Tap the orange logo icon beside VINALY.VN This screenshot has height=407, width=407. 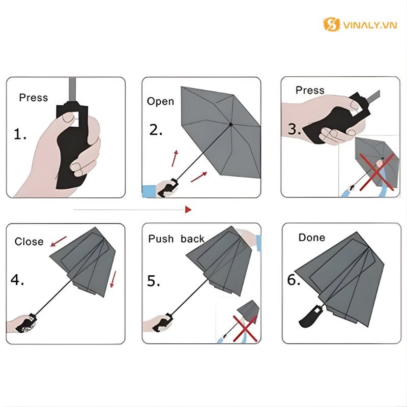pyautogui.click(x=332, y=24)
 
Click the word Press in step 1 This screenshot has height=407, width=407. pyautogui.click(x=34, y=98)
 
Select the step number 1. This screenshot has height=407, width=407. pyautogui.click(x=20, y=135)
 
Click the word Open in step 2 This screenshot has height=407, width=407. pyautogui.click(x=160, y=102)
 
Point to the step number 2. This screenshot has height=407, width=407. pyautogui.click(x=156, y=130)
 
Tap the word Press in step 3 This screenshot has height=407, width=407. pyautogui.click(x=310, y=91)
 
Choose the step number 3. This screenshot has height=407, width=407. pyautogui.click(x=295, y=129)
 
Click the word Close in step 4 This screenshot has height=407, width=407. pyautogui.click(x=29, y=242)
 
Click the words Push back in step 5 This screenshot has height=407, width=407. pyautogui.click(x=176, y=239)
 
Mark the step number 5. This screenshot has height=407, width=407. pyautogui.click(x=154, y=281)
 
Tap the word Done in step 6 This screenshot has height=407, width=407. pyautogui.click(x=311, y=238)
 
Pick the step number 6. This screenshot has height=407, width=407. pyautogui.click(x=294, y=280)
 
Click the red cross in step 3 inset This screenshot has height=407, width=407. pyautogui.click(x=377, y=172)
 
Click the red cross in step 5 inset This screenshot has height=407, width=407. pyautogui.click(x=245, y=327)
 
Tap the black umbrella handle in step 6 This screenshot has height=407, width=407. pyautogui.click(x=310, y=316)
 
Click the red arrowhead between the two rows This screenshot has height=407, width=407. pyautogui.click(x=188, y=209)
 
